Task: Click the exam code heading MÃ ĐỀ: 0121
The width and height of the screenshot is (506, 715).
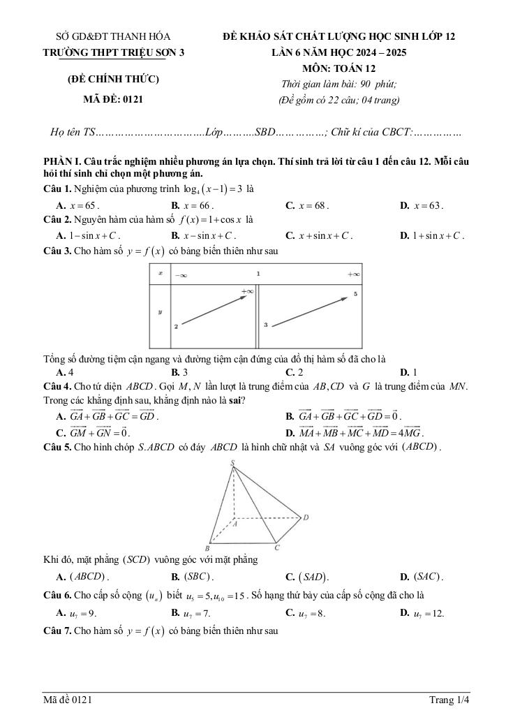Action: point(113,99)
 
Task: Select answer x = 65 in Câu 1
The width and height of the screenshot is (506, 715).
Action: point(80,205)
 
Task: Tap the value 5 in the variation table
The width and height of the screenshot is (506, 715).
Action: point(355,294)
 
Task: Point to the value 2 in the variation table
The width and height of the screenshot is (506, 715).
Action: point(177,326)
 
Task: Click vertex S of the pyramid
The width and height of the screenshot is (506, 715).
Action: point(232,463)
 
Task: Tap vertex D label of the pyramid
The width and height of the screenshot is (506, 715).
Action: point(306,517)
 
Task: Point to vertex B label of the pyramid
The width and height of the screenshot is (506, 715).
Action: point(207,548)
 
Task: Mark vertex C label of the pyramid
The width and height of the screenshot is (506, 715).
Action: point(277,547)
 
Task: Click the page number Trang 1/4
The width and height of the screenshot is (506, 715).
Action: point(449,699)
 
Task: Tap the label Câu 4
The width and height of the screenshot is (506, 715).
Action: point(57,386)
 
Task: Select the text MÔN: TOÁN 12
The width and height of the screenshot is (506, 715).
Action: point(338,68)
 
